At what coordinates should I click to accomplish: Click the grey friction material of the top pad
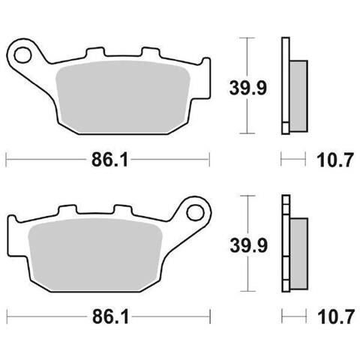click(x=120, y=90)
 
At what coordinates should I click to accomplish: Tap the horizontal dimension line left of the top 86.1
click(x=45, y=159)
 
